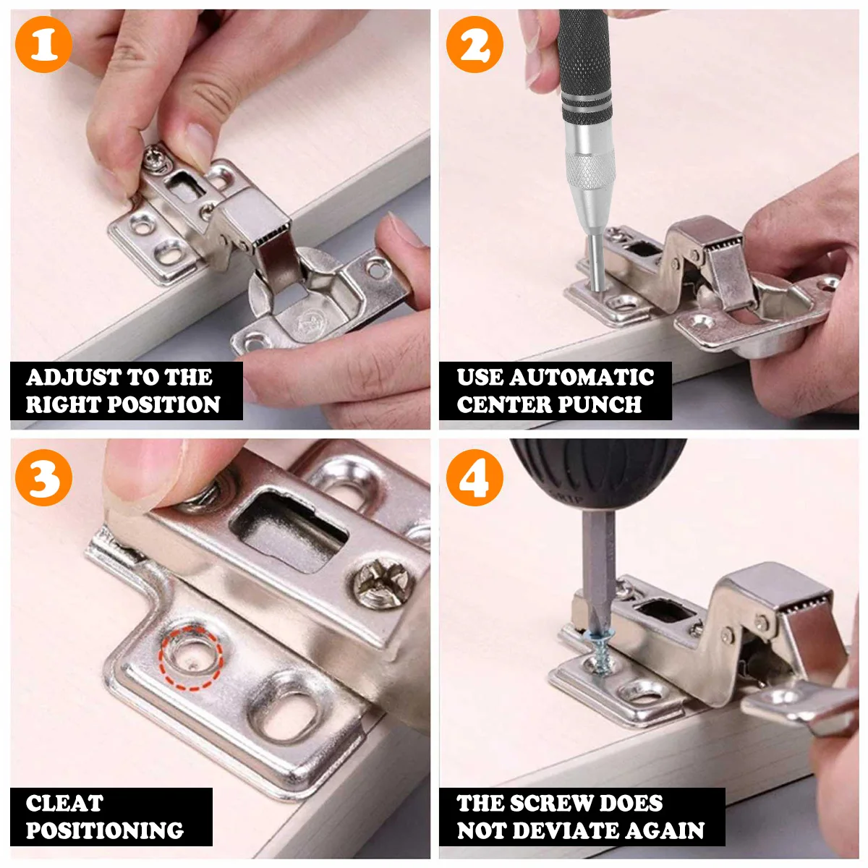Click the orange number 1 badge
pos(43,44)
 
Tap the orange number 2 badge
pos(475,44)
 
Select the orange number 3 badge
pos(43,477)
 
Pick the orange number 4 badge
pos(475,477)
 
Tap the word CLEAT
pos(65,803)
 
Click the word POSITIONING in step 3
pos(105,830)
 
